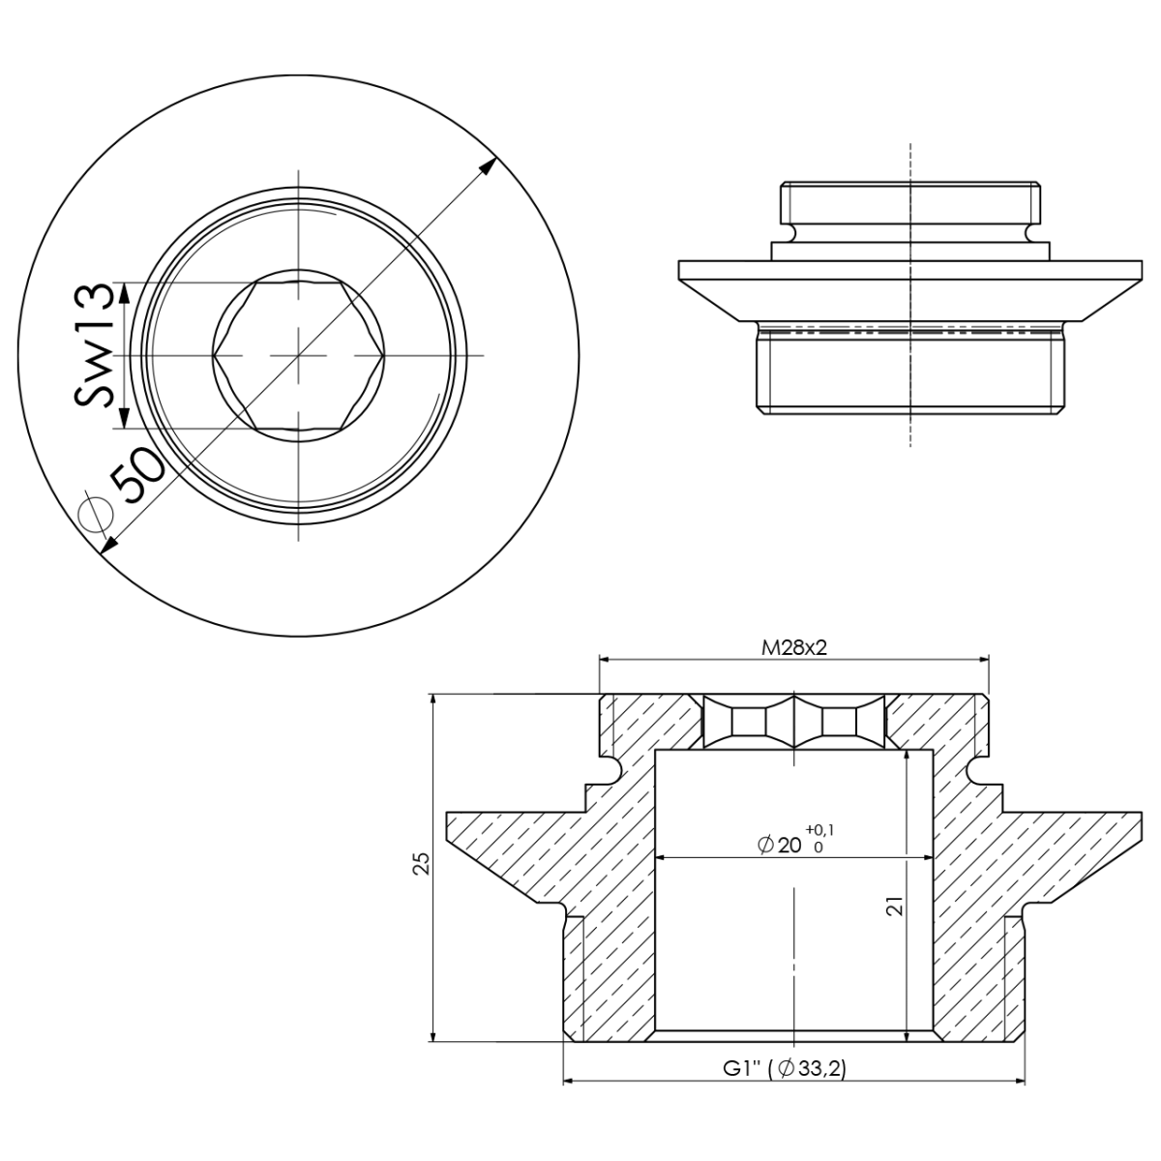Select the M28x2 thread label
click(x=793, y=647)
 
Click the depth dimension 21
click(x=894, y=906)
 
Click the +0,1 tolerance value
click(x=819, y=829)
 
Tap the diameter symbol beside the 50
click(x=94, y=514)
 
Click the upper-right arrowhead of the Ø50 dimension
click(x=491, y=164)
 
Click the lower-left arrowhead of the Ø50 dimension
click(x=108, y=547)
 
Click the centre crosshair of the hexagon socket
click(x=299, y=356)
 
